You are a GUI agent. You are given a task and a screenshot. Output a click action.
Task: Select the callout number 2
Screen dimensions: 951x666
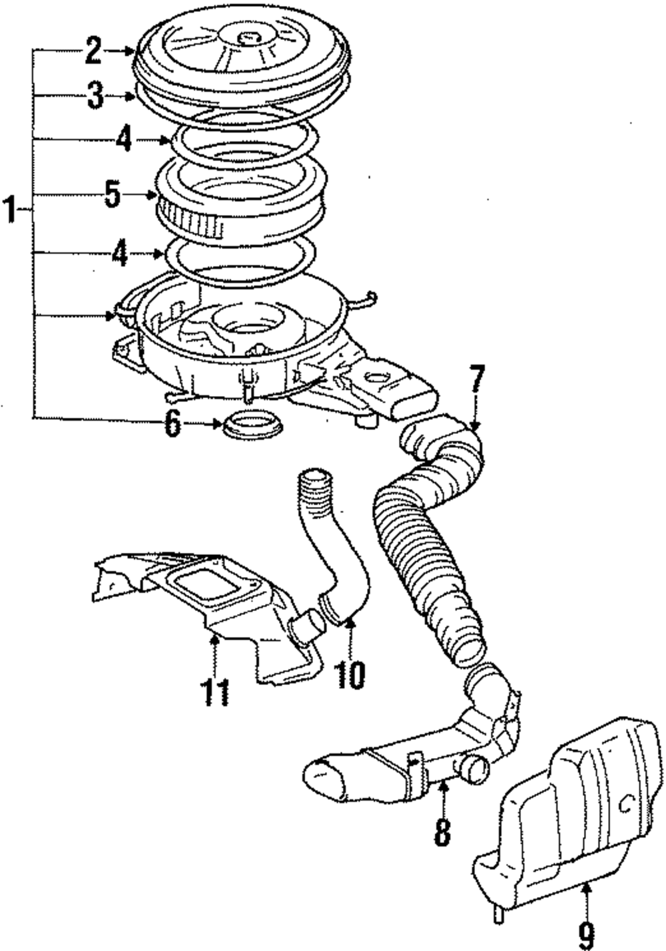(x=93, y=50)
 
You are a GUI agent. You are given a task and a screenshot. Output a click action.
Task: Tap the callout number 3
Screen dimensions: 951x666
(x=95, y=96)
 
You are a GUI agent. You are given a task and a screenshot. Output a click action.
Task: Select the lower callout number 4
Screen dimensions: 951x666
(x=119, y=254)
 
